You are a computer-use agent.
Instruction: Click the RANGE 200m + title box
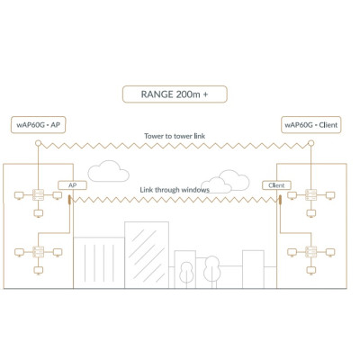[175, 94]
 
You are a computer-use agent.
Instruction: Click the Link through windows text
[175, 190]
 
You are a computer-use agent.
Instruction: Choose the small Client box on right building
[276, 184]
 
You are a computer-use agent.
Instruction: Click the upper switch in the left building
[39, 195]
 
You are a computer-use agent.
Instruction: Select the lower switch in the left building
[39, 251]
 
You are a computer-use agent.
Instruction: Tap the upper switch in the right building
[310, 195]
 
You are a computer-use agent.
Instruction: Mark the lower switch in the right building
[310, 251]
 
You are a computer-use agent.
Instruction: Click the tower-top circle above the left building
[39, 140]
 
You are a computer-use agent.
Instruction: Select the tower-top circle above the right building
[310, 140]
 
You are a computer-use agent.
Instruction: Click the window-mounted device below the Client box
[280, 197]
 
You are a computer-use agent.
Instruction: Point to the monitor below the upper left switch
[39, 212]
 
